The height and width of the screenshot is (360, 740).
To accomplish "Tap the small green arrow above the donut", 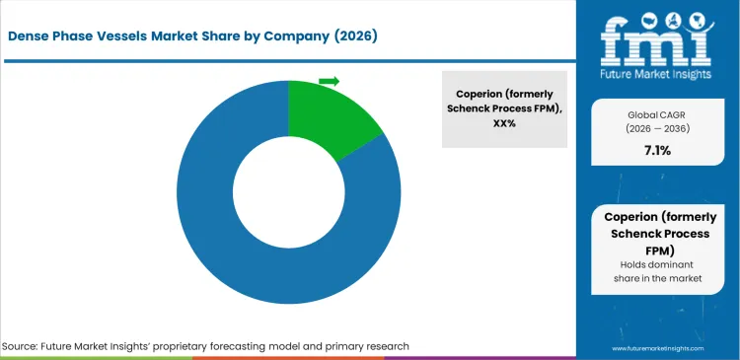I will click(329, 81).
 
